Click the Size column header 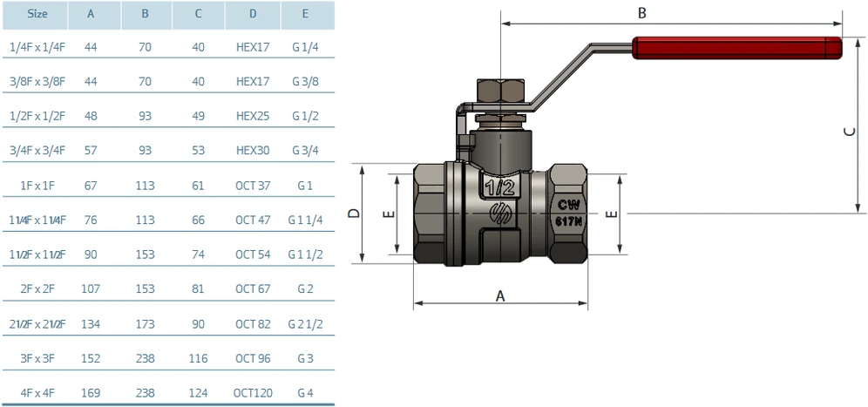point(37,14)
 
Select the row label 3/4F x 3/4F point(37,151)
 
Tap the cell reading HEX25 point(253,116)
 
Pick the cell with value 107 point(92,289)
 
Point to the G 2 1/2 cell point(305,324)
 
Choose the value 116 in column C point(198,359)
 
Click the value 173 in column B point(145,324)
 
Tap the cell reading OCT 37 point(253,186)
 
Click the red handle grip point(736,48)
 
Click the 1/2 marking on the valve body point(499,187)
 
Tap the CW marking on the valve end point(568,205)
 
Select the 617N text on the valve point(568,222)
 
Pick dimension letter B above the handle point(642,13)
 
